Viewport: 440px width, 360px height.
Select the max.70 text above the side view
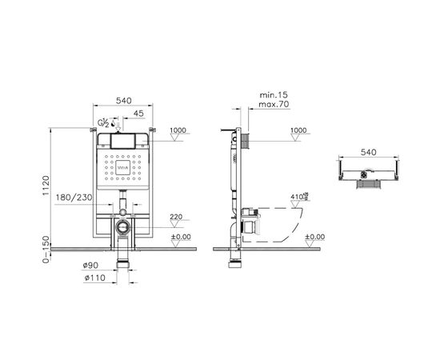click(x=272, y=105)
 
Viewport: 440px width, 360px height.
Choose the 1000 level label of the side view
click(x=298, y=130)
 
